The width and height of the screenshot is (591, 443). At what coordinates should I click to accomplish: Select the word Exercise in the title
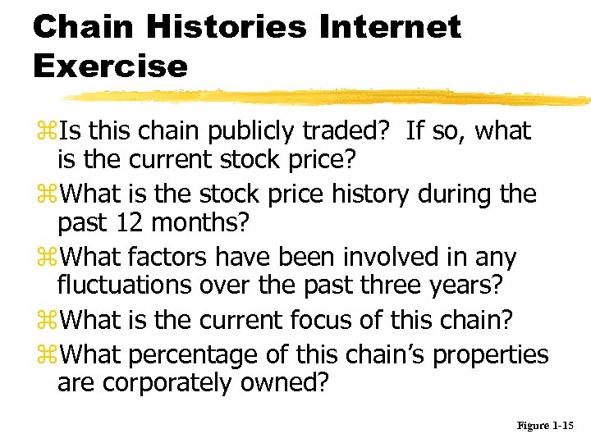110,65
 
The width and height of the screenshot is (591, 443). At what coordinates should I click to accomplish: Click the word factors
169,257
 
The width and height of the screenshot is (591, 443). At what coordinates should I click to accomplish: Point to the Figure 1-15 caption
547,426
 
